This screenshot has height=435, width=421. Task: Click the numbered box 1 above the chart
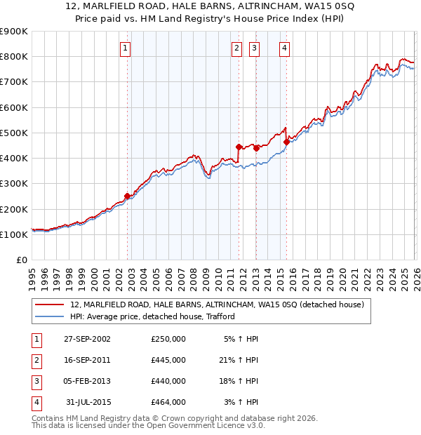[x=125, y=48]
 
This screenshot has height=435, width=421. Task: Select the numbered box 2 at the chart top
[x=236, y=48]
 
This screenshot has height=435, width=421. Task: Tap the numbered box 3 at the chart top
[x=254, y=48]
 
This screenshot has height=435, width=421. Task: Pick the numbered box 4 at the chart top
[x=284, y=48]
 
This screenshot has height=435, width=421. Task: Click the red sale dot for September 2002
[x=128, y=196]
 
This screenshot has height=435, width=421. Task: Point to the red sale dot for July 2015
[x=286, y=142]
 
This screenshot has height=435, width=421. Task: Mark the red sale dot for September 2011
[x=239, y=147]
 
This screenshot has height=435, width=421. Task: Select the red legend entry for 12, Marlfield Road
[x=216, y=305]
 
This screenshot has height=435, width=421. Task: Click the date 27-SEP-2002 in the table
[x=87, y=339]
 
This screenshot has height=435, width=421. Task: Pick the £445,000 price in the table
[x=168, y=360]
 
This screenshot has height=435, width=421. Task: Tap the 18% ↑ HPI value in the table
[x=239, y=381]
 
